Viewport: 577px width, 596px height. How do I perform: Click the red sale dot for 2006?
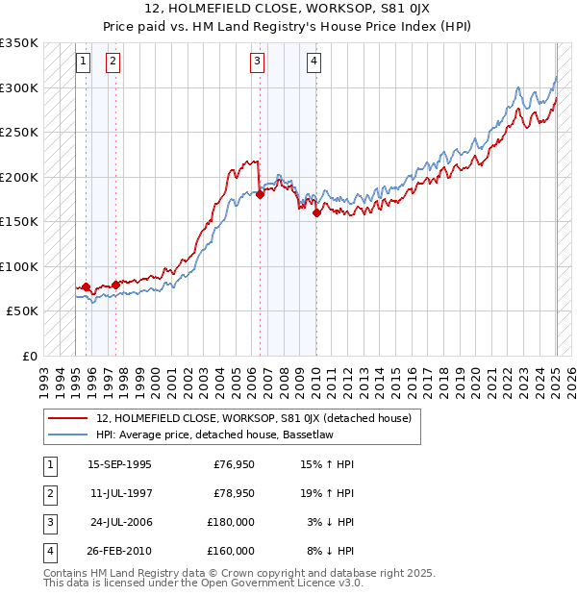[x=260, y=194]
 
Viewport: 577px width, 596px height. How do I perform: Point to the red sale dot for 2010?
[x=316, y=212]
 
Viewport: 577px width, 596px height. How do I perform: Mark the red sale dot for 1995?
[x=86, y=286]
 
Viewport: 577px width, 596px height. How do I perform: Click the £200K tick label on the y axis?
[x=19, y=177]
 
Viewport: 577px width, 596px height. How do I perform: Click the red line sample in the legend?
[x=67, y=418]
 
